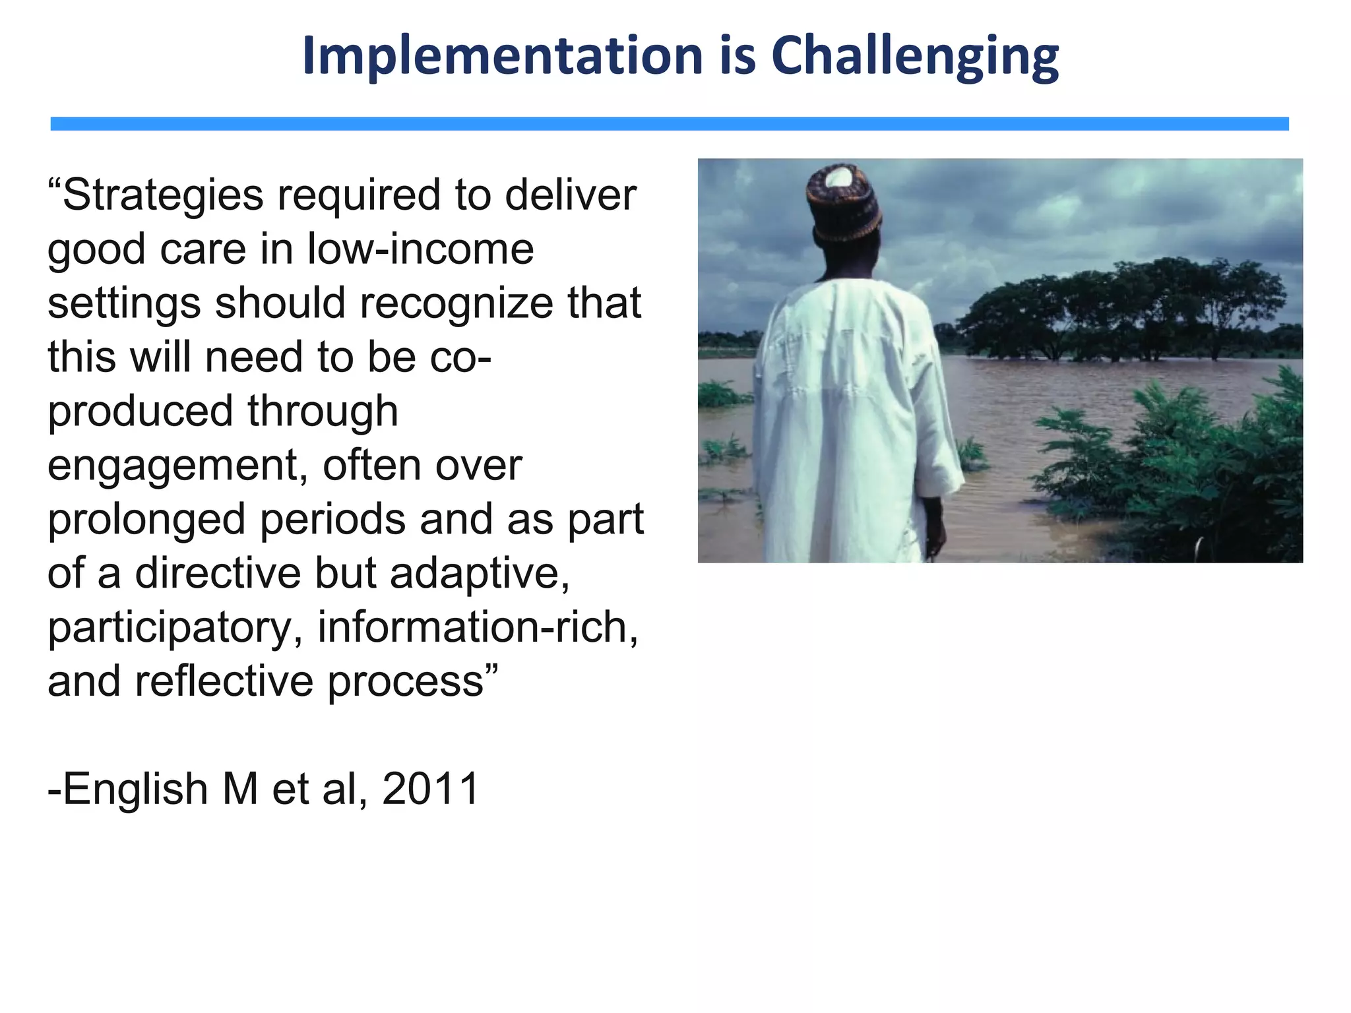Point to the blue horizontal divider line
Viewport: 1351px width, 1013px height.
670,124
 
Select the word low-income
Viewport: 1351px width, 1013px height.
420,249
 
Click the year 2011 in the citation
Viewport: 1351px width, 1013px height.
430,789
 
